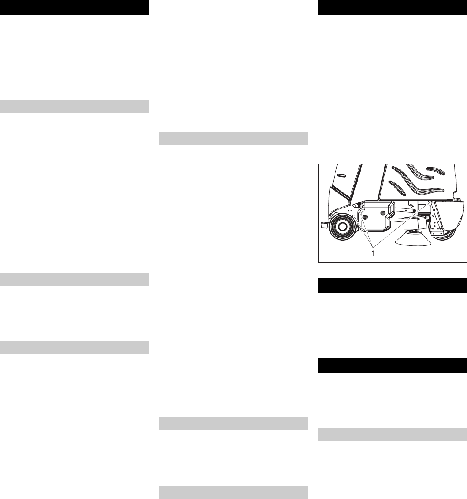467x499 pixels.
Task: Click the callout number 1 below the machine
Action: [x=373, y=252]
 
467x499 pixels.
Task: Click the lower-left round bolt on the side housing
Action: [x=365, y=217]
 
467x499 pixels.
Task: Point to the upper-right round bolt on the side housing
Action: [x=383, y=213]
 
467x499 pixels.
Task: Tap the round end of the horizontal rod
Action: [x=403, y=211]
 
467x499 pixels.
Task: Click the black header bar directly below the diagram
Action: [x=392, y=285]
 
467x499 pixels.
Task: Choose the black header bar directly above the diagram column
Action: [x=392, y=7]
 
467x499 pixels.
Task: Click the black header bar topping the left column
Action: [x=74, y=7]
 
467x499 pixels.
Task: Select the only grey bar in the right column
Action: [x=392, y=435]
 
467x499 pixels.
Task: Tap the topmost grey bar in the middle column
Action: [x=233, y=138]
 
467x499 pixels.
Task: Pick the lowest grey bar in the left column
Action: [x=74, y=348]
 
